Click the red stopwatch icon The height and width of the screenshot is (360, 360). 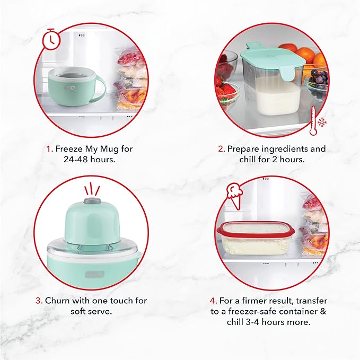[51, 40]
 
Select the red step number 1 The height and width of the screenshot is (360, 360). [48, 149]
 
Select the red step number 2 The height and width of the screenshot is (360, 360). [222, 149]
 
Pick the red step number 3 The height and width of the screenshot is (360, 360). [39, 300]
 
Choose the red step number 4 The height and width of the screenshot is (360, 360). [213, 300]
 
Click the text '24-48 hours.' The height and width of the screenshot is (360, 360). [90, 159]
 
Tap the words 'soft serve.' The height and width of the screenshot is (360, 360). [91, 311]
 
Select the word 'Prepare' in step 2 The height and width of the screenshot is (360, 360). [244, 149]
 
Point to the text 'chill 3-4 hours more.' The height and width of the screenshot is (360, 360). [268, 321]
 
